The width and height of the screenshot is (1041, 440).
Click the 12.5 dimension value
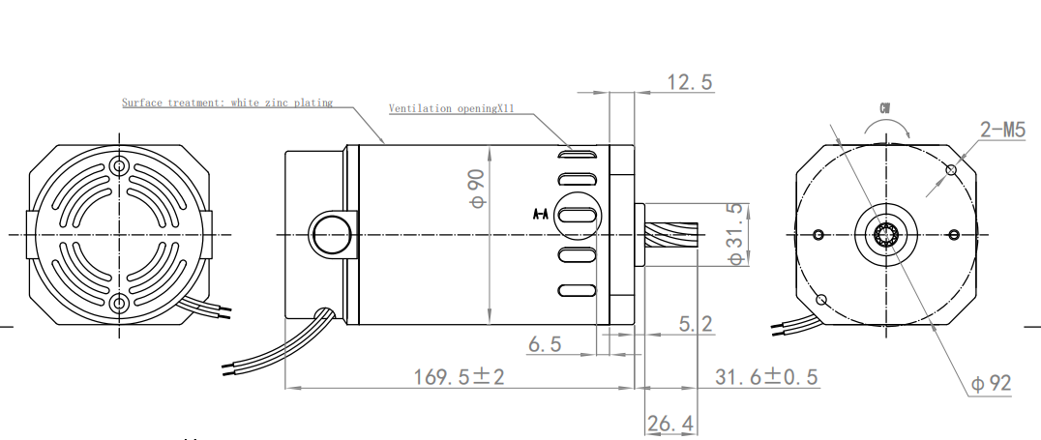pyautogui.click(x=690, y=82)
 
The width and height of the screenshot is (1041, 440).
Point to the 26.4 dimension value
pyautogui.click(x=670, y=424)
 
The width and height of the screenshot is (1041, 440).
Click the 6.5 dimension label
pyautogui.click(x=544, y=344)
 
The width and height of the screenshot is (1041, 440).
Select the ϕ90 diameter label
pyautogui.click(x=476, y=188)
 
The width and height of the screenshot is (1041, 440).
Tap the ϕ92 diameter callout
pyautogui.click(x=991, y=384)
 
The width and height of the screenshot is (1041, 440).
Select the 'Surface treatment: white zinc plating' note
pyautogui.click(x=227, y=102)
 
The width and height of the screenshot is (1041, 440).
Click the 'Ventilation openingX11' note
pyautogui.click(x=447, y=108)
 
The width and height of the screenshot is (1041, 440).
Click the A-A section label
pyautogui.click(x=541, y=214)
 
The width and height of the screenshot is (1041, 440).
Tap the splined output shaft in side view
pyautogui.click(x=670, y=235)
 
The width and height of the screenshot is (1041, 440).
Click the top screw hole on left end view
pyautogui.click(x=119, y=165)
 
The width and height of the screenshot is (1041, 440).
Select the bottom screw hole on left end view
pyautogui.click(x=119, y=303)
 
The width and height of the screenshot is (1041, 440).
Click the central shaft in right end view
pyautogui.click(x=886, y=234)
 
